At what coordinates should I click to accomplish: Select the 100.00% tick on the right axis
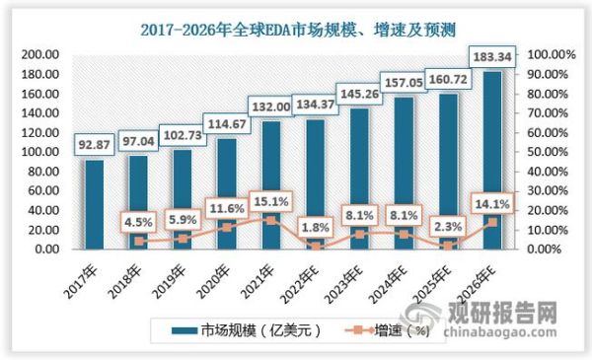[548, 55]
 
